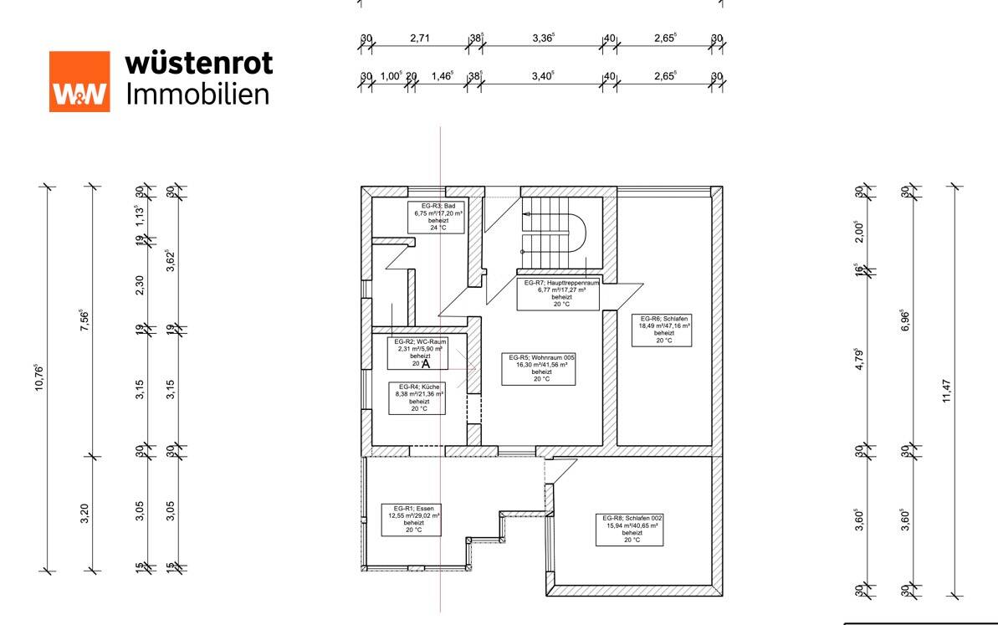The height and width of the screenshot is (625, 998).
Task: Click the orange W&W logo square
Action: (x=79, y=81)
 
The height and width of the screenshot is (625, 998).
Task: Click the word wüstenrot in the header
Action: (x=198, y=63)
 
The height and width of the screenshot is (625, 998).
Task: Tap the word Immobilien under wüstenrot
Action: (x=198, y=93)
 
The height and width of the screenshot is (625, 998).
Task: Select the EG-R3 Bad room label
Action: (x=437, y=217)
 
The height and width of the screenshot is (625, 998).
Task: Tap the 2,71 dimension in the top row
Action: (x=420, y=38)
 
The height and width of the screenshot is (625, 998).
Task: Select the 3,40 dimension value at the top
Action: (x=543, y=76)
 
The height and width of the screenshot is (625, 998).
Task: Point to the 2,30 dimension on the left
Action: (x=140, y=284)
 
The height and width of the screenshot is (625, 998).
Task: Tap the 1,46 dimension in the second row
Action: (x=442, y=76)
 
